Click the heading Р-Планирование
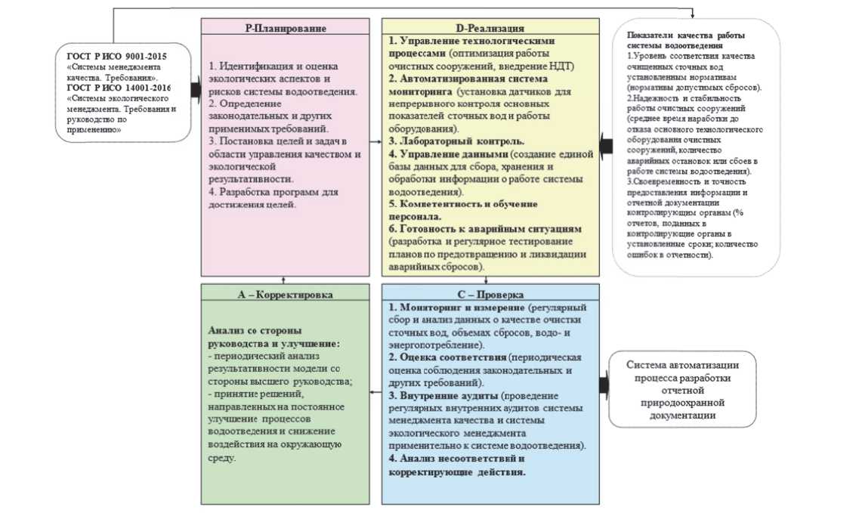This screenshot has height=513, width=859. click(x=285, y=28)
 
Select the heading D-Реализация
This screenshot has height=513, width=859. click(x=490, y=27)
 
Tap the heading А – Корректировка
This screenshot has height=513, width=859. click(x=285, y=293)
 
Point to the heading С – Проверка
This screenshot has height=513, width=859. click(x=490, y=293)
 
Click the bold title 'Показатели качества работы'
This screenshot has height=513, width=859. click(x=690, y=35)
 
